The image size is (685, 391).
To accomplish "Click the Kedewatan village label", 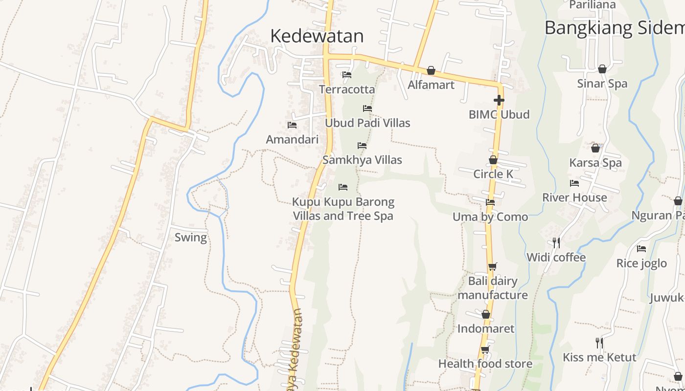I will pyautogui.click(x=317, y=36).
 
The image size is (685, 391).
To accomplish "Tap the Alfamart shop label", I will pyautogui.click(x=431, y=85).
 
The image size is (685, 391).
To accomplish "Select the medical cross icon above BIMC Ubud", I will pyautogui.click(x=499, y=101).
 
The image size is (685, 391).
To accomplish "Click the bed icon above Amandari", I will pyautogui.click(x=292, y=125).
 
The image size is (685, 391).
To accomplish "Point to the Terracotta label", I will pyautogui.click(x=347, y=89).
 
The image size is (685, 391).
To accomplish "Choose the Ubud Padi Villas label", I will pyautogui.click(x=367, y=123).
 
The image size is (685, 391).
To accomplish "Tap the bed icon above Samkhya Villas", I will pyautogui.click(x=362, y=146).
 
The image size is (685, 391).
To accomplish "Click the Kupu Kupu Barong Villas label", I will pyautogui.click(x=343, y=209).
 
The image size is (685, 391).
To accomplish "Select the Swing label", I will pyautogui.click(x=191, y=238).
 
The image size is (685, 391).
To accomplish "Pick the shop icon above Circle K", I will pyautogui.click(x=493, y=160).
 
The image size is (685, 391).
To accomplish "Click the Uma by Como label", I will pyautogui.click(x=490, y=217).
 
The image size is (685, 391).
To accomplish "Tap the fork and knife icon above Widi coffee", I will pyautogui.click(x=556, y=242).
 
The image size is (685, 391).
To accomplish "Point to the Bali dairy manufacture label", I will pyautogui.click(x=493, y=288).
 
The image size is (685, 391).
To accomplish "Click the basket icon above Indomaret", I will pyautogui.click(x=486, y=314).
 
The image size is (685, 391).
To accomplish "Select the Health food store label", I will pyautogui.click(x=485, y=364).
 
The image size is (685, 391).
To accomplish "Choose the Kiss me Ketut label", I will pyautogui.click(x=599, y=357).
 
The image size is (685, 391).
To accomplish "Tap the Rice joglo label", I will pyautogui.click(x=641, y=263).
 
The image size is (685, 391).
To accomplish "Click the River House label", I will pyautogui.click(x=574, y=198).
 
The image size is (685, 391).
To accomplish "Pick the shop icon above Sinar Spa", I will pyautogui.click(x=602, y=69).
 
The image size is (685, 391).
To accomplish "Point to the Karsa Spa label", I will pyautogui.click(x=595, y=163).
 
